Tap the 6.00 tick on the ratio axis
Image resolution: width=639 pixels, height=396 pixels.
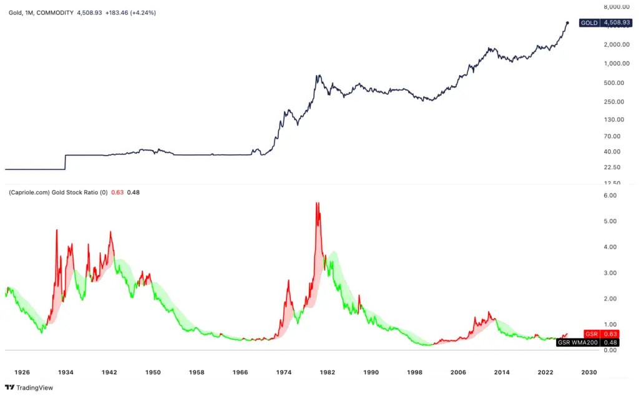pyautogui.click(x=608, y=196)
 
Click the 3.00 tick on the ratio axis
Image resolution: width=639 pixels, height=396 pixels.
pyautogui.click(x=608, y=273)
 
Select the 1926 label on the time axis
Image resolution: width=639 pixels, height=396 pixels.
pyautogui.click(x=22, y=372)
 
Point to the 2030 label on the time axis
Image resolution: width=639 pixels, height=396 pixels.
pyautogui.click(x=589, y=372)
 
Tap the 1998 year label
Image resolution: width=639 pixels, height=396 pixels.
pyautogui.click(x=415, y=372)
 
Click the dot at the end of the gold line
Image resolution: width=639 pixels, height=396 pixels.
pyautogui.click(x=567, y=23)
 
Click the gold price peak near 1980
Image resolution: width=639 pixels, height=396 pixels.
pyautogui.click(x=318, y=76)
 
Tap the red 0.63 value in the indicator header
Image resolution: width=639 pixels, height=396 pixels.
pyautogui.click(x=117, y=192)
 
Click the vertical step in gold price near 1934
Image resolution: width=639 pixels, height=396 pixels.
pyautogui.click(x=65, y=162)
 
